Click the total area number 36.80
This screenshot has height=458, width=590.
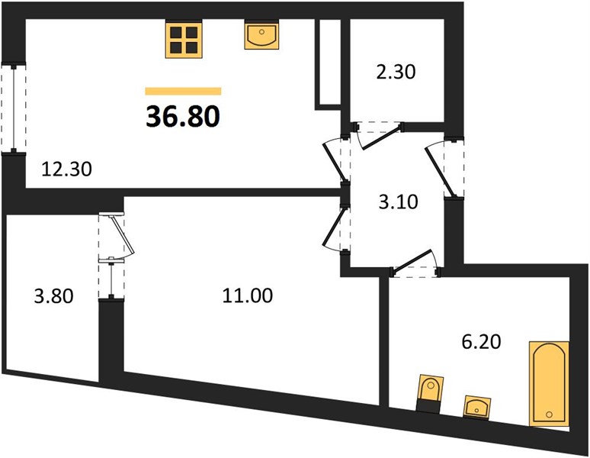click(x=183, y=116)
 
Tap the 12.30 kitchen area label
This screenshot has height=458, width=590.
click(x=66, y=169)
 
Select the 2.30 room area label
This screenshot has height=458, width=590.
click(x=396, y=72)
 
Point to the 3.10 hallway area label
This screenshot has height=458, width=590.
click(x=398, y=202)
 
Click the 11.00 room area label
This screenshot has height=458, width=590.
click(x=248, y=295)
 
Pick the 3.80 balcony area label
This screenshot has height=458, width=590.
click(x=54, y=296)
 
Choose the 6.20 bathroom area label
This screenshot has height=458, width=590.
click(x=481, y=342)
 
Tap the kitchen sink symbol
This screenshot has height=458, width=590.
click(x=262, y=34)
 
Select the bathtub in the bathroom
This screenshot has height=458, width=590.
click(x=549, y=384)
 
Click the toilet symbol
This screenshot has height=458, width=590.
click(x=430, y=394)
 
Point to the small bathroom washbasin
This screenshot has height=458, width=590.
click(x=477, y=407)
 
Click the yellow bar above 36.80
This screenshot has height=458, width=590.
click(x=183, y=91)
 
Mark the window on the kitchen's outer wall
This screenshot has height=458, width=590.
click(x=14, y=108)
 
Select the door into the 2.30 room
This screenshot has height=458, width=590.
click(x=378, y=135)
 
